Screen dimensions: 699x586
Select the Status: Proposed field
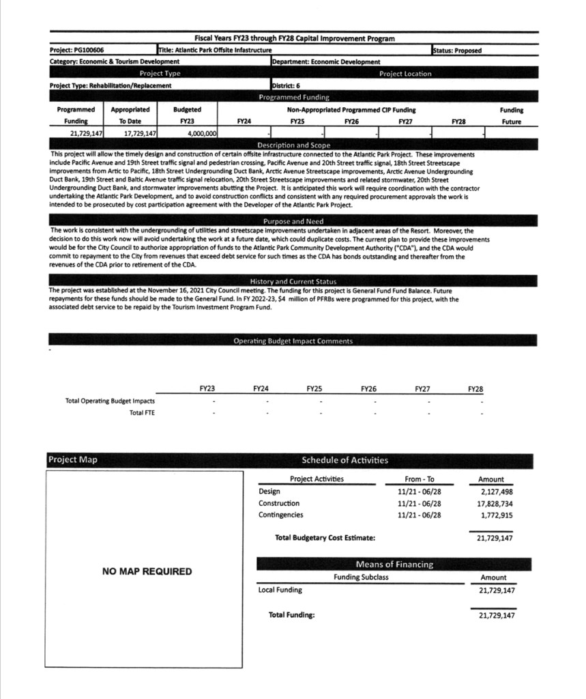[458, 50]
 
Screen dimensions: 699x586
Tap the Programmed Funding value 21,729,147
[81, 133]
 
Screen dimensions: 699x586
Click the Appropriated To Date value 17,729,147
[136, 133]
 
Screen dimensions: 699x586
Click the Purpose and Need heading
[293, 222]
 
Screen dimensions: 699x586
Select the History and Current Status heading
[293, 281]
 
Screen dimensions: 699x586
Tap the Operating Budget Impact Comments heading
[293, 341]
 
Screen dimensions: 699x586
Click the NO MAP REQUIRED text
[147, 571]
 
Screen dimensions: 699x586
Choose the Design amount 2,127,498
[496, 491]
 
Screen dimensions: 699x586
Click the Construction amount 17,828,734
[495, 503]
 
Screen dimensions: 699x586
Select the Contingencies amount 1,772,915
[496, 515]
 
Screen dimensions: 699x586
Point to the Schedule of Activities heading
[345, 460]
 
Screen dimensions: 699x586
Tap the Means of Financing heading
[394, 564]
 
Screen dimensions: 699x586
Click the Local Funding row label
[280, 590]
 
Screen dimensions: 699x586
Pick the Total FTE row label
[142, 413]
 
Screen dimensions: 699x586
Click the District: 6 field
[286, 85]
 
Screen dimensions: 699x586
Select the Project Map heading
[72, 459]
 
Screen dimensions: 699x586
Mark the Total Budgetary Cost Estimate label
[325, 538]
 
